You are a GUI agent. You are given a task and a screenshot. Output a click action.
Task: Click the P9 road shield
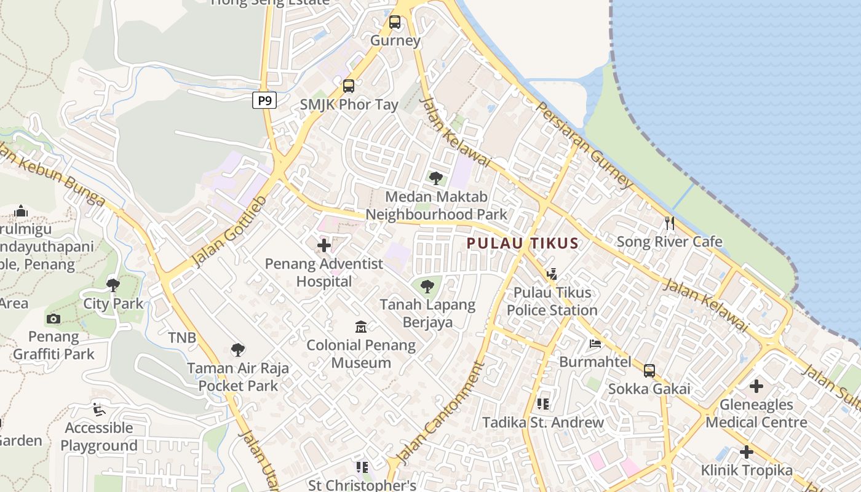(264, 100)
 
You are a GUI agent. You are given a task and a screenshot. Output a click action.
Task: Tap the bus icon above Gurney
(395, 22)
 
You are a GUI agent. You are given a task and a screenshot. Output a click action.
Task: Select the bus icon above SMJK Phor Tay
(349, 86)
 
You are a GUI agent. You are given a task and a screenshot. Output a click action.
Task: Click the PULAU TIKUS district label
(523, 243)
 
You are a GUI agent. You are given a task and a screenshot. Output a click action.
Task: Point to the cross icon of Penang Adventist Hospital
(323, 246)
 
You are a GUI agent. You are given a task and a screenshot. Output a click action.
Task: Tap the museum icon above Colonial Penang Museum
(361, 327)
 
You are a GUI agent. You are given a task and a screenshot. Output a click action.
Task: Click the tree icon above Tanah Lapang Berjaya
(427, 286)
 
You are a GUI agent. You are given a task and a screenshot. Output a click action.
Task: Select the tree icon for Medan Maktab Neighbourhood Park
(436, 178)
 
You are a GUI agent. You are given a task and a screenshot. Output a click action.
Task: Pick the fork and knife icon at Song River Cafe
(670, 223)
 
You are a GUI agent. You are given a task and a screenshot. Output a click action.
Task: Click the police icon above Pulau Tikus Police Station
(552, 274)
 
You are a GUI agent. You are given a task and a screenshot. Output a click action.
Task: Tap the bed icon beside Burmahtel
(595, 343)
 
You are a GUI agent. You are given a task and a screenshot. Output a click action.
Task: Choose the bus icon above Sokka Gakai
(649, 370)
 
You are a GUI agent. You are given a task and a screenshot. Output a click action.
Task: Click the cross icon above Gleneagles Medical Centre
(756, 386)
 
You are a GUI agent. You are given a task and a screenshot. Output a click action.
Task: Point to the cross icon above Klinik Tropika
(747, 452)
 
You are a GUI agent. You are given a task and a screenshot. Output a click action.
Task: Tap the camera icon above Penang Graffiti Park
(54, 319)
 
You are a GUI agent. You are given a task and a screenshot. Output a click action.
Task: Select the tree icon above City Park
(113, 285)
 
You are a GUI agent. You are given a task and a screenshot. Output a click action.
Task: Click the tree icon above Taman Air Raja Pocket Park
(238, 350)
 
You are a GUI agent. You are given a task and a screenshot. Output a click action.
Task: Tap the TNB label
(182, 338)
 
